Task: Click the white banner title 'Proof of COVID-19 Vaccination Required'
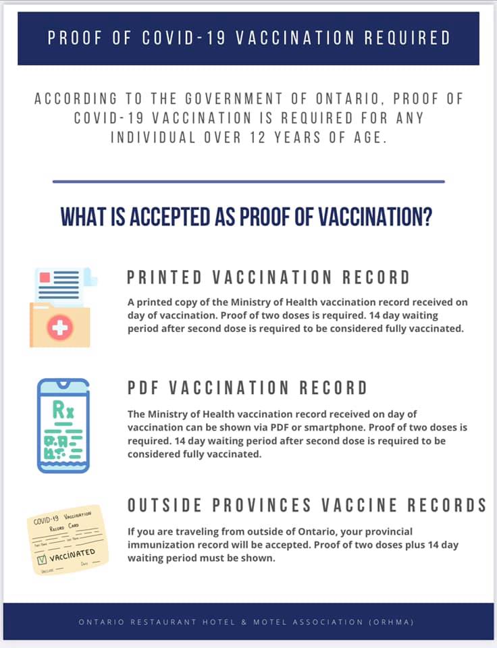[248, 38]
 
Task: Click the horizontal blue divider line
[248, 182]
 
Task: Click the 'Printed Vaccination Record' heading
[268, 277]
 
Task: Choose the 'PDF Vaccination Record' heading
[247, 387]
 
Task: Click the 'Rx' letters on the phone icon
[63, 408]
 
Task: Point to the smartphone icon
[63, 425]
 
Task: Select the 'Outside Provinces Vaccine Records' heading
[307, 505]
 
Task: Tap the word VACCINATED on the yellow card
[72, 556]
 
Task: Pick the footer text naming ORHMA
[248, 622]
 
